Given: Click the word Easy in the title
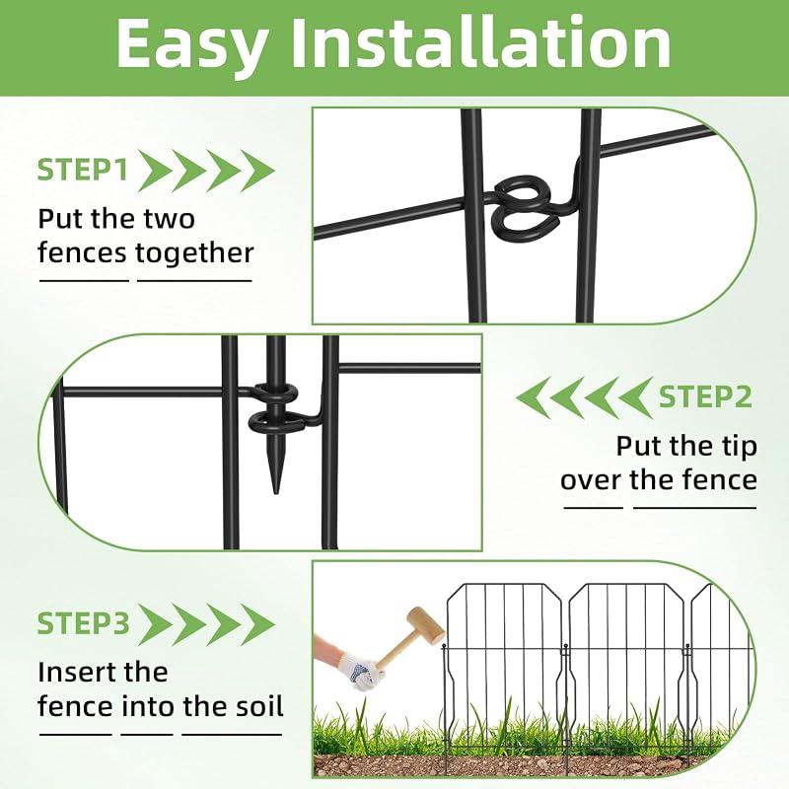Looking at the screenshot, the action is click(191, 45).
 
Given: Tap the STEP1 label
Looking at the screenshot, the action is click(83, 169).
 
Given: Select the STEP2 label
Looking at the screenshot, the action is click(705, 397).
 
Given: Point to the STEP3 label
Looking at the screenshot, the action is click(84, 623).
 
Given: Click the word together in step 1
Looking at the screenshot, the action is click(194, 252).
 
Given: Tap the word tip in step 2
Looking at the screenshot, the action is click(740, 446).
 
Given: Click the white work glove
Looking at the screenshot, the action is click(361, 670).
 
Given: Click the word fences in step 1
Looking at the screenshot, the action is click(82, 252).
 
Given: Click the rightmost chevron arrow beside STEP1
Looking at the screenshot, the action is click(257, 170).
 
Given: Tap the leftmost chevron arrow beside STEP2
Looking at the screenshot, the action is click(534, 398).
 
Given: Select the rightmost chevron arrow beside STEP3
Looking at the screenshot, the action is click(257, 624).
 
